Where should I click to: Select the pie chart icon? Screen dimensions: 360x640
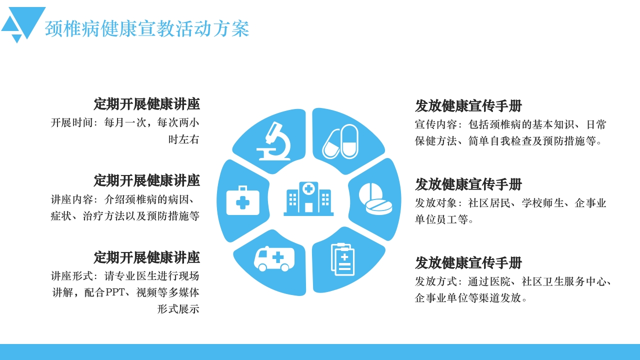point(375,198)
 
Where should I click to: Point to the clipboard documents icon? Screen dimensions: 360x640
point(342,259)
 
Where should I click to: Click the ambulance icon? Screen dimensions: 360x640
point(273,258)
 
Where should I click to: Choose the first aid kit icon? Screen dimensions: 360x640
point(242,200)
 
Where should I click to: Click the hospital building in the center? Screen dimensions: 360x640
point(308,198)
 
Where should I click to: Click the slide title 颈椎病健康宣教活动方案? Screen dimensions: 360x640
point(147,28)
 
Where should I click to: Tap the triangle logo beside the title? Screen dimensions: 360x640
point(23,24)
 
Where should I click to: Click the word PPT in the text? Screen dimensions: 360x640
point(117,292)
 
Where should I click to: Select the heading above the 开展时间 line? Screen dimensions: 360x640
point(146,104)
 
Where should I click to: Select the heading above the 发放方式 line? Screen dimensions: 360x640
point(468,262)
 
